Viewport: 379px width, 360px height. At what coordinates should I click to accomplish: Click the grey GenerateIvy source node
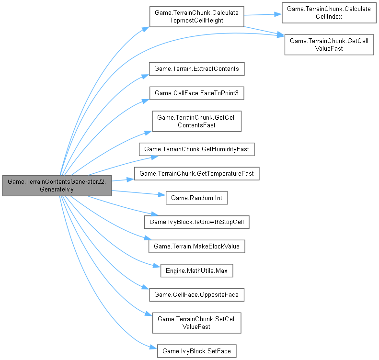click(x=57, y=185)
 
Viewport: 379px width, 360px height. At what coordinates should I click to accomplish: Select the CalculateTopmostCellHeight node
click(x=196, y=16)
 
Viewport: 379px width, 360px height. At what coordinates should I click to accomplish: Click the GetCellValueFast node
click(x=329, y=45)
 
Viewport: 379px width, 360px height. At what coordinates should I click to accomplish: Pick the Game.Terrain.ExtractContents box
click(x=197, y=68)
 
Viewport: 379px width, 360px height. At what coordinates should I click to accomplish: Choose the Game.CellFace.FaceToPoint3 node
click(x=197, y=93)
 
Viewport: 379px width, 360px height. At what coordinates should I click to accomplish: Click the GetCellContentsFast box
click(x=196, y=121)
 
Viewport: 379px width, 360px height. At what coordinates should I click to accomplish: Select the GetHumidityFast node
click(x=196, y=149)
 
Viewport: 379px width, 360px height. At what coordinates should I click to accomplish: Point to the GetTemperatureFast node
click(x=196, y=173)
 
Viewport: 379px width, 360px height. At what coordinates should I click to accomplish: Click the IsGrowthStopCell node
click(x=197, y=222)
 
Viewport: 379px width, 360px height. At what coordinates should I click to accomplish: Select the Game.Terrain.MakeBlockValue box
click(x=197, y=246)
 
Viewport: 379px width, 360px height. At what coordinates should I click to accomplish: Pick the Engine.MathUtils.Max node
click(x=196, y=270)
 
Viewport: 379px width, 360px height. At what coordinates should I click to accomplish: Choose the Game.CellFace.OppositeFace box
click(x=197, y=294)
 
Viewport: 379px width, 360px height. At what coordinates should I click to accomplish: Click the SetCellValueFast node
click(x=196, y=323)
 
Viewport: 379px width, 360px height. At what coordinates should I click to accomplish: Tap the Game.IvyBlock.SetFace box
click(x=196, y=351)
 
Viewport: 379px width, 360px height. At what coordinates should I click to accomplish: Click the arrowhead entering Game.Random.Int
click(x=162, y=195)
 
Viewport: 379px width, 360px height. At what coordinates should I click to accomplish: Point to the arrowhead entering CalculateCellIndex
click(x=278, y=13)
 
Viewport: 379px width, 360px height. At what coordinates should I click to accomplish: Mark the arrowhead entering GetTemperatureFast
click(x=131, y=179)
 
